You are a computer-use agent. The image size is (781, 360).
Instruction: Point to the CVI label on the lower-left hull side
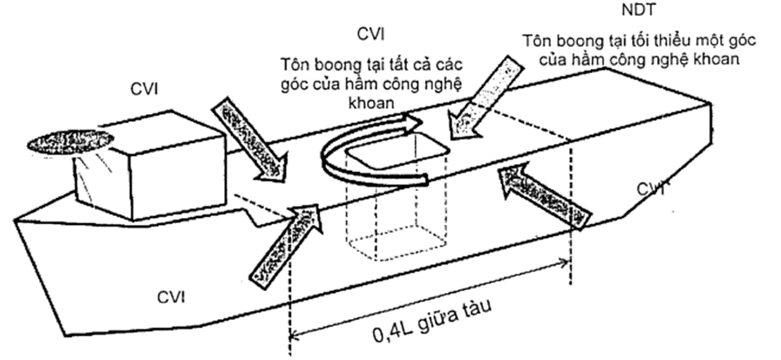pos(173,297)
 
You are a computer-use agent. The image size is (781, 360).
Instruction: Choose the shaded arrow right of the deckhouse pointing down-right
pos(252,139)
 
